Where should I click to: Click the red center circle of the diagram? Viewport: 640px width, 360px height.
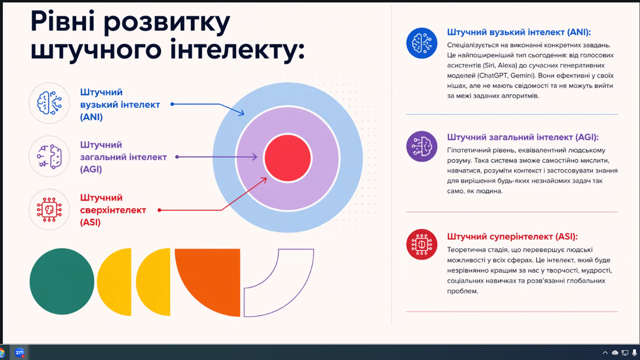288,158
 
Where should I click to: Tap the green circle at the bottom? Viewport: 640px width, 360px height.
62,281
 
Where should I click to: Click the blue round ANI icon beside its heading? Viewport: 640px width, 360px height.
422,43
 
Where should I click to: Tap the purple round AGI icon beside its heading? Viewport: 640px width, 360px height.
422,146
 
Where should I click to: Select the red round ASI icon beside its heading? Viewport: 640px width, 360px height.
422,244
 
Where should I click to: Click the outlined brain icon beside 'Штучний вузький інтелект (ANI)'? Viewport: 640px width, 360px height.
49,103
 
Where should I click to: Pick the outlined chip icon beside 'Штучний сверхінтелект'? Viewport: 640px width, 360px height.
49,210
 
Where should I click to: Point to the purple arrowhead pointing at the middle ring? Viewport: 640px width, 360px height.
255,157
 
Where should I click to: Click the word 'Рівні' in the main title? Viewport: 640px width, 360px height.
62,22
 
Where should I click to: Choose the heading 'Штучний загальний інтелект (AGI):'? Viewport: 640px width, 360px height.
523,137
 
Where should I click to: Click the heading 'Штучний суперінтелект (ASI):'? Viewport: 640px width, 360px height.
512,236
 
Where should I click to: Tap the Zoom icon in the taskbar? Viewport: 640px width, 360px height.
20,353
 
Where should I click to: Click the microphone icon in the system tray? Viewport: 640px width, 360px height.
634,353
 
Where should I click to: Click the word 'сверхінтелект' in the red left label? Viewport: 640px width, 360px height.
113,210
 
